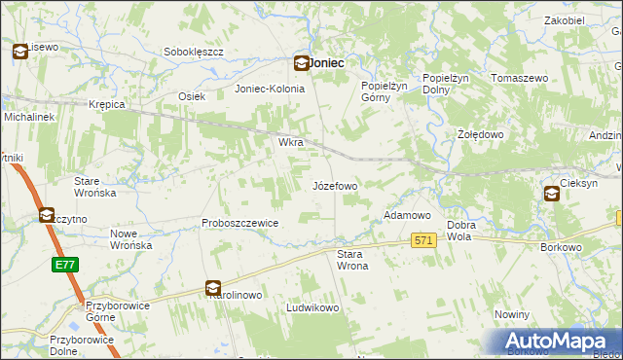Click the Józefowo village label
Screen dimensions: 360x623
pos(334,185)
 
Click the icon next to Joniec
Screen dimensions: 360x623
pos(302,63)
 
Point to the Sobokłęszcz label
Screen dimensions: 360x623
pos(195,52)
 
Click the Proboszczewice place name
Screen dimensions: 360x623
pos(240,223)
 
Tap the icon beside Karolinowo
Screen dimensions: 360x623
pos(213,288)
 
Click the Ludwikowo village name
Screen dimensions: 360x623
pos(311,307)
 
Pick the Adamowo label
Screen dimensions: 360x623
pos(407,214)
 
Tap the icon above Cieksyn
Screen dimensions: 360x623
pos(552,194)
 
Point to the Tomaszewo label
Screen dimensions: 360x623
pos(523,77)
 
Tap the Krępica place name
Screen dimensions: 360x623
pos(107,103)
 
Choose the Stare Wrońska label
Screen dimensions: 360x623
pos(95,187)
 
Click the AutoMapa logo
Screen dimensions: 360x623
pos(560,341)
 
